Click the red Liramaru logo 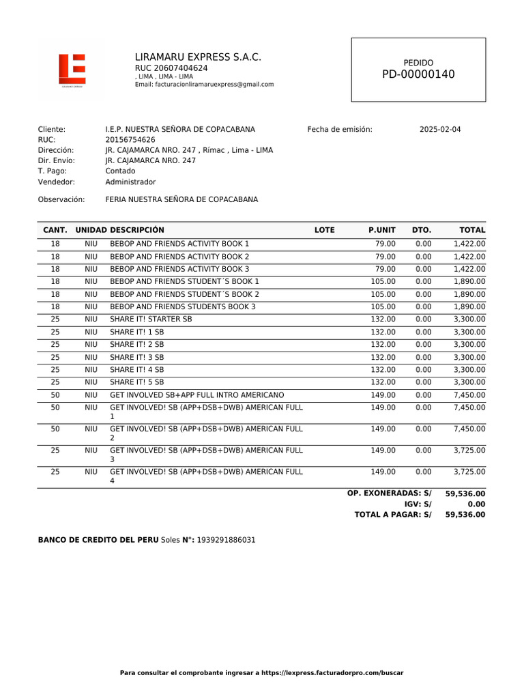coord(72,70)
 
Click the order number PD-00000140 coord(418,74)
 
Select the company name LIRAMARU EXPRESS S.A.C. coord(198,57)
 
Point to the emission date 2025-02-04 coord(439,129)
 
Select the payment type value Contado coord(120,171)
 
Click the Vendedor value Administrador coord(130,182)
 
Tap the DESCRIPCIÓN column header coord(137,230)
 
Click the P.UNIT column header coord(382,230)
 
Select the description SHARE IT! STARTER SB coord(151,319)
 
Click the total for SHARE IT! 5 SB coord(469,382)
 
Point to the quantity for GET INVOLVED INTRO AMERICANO coord(55,395)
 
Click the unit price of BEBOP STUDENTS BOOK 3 coord(383,306)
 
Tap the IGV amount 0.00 coord(476,504)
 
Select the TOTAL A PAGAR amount coord(465,515)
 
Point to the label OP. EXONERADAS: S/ coord(389,493)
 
